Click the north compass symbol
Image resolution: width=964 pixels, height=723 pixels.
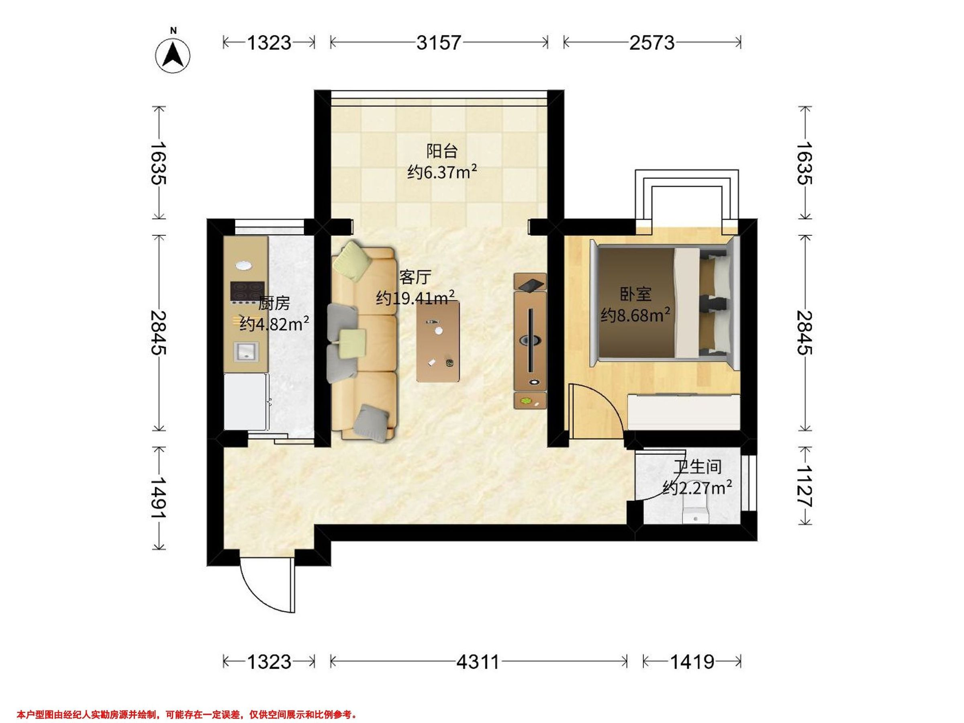pos(173,55)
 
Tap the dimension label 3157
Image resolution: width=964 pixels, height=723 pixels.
pos(439,43)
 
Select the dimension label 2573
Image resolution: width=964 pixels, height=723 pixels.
pos(652,43)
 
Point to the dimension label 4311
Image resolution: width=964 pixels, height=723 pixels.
pos(478,662)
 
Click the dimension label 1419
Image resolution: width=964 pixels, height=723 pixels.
pos(692,662)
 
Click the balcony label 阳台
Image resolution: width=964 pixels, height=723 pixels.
pos(442,151)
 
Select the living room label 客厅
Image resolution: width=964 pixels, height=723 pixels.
pos(415,277)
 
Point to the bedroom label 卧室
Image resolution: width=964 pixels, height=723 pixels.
pos(636,294)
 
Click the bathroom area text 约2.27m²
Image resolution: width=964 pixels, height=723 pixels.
pos(697,488)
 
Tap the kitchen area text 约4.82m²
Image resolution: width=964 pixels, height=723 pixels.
pos(275,323)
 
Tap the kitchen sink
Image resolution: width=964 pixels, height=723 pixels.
pos(246,352)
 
